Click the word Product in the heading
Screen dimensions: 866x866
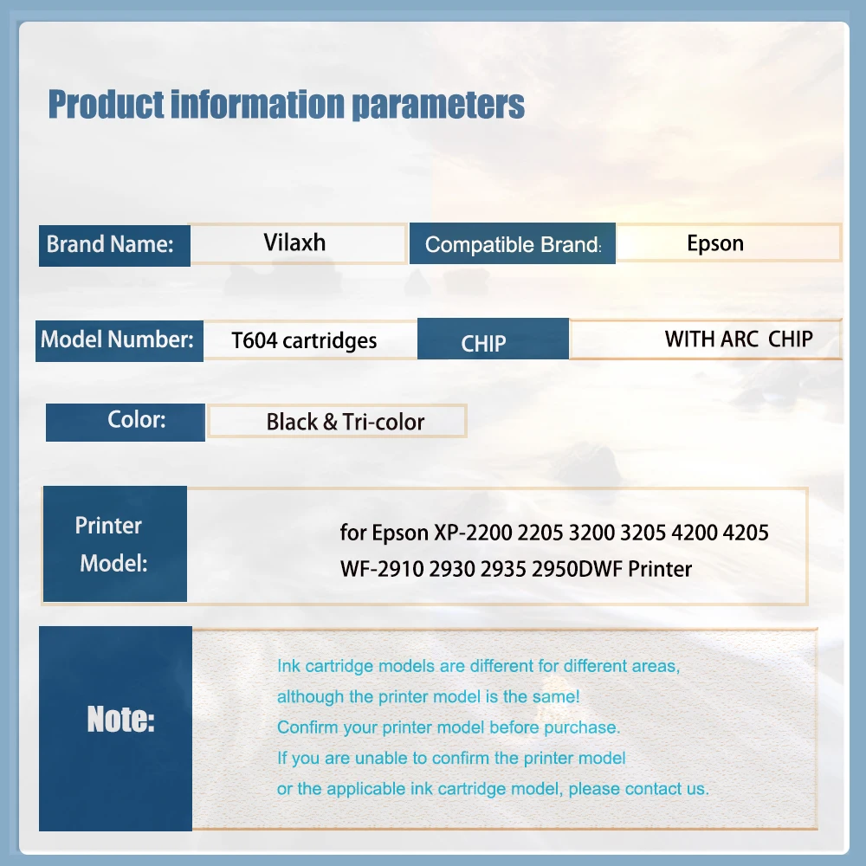click(106, 105)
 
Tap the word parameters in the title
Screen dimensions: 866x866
click(438, 105)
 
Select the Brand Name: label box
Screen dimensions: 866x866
click(114, 245)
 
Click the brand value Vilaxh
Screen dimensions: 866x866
click(294, 242)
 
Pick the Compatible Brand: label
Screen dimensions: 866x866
click(513, 244)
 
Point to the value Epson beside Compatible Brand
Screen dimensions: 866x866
click(715, 243)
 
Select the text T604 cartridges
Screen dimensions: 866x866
click(304, 340)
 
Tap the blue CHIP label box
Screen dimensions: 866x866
click(493, 339)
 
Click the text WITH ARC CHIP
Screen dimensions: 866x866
click(739, 339)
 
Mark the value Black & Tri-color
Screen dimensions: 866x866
click(346, 422)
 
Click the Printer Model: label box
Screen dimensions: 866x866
click(115, 544)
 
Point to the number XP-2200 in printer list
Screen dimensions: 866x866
click(473, 533)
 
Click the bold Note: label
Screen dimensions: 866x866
click(121, 720)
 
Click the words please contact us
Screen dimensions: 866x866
click(638, 789)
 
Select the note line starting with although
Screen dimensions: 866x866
click(428, 697)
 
